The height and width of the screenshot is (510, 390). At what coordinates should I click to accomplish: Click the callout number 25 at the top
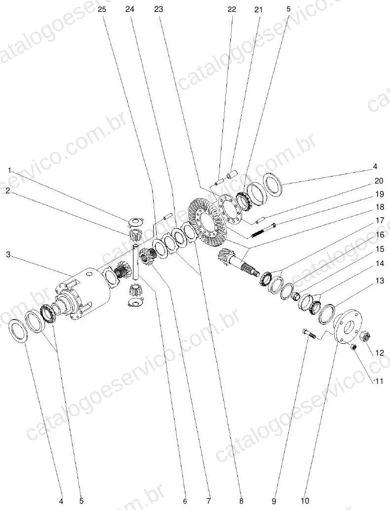[102, 9]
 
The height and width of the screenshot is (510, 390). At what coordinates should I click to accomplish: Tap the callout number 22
[232, 9]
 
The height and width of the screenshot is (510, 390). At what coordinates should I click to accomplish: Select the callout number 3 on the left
[9, 254]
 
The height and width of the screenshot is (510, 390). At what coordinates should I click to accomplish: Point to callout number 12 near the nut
[379, 353]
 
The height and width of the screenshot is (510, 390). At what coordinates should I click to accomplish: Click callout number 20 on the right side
[379, 181]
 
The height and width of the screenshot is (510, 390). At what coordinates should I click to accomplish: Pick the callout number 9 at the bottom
[274, 501]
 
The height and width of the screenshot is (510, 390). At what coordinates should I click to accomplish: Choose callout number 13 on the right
[380, 280]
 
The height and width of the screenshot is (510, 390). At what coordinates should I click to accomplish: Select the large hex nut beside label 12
[365, 336]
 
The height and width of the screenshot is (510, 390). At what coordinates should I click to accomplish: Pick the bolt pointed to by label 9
[308, 333]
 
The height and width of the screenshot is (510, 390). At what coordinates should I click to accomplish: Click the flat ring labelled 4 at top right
[273, 185]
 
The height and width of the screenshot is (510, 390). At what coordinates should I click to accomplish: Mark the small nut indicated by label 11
[354, 347]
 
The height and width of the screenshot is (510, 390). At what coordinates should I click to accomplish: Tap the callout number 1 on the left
[9, 170]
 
